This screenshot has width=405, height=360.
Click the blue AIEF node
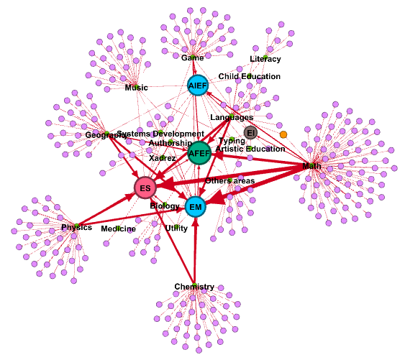pos(197,86)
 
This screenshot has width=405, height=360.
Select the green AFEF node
pos(199,152)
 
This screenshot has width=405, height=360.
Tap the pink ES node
pos(145,188)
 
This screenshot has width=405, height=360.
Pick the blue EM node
pos(195,208)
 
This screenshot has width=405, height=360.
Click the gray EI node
pos(250,133)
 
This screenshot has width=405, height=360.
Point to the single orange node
pos(283,134)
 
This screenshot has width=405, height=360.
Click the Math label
pos(311,166)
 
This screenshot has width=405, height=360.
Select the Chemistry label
pos(194,287)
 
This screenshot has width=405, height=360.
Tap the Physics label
pos(76,227)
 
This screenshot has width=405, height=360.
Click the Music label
pos(136,88)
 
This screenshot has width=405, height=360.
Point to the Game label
pos(192,57)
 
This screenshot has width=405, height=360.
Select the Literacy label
pos(265,59)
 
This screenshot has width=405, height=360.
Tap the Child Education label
pos(250,76)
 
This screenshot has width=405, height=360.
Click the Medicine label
pos(118,229)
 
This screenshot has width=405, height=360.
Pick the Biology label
pos(165,206)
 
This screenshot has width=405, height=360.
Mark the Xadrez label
pos(163,157)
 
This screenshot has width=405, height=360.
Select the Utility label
pos(176,227)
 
